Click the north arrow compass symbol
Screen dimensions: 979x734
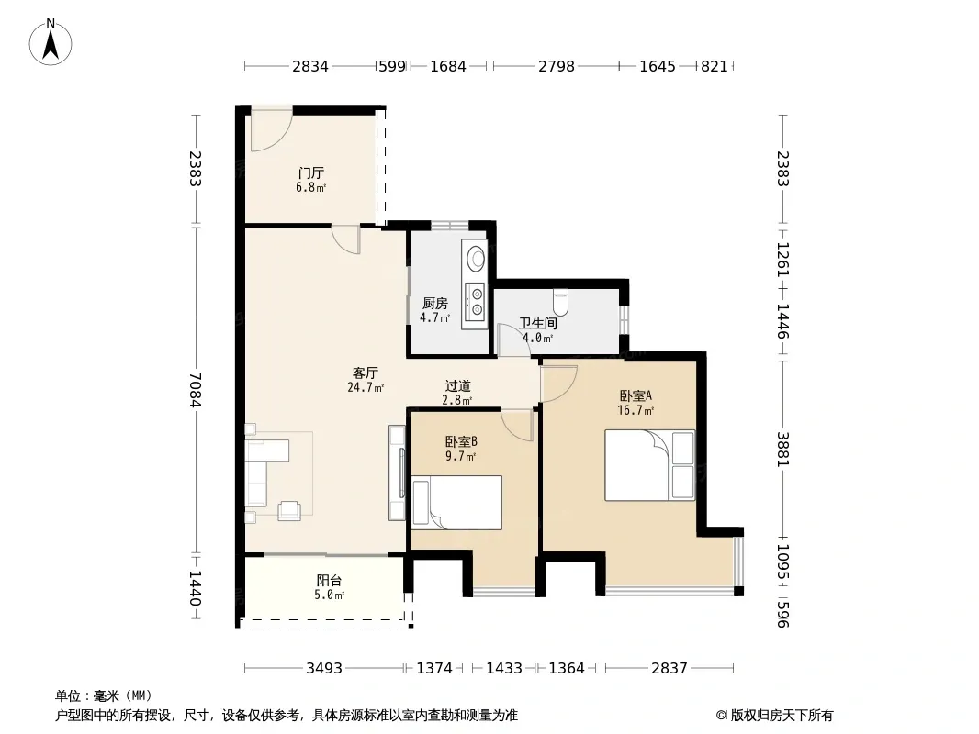coord(51,43)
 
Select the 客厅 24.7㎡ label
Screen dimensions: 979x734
coord(366,380)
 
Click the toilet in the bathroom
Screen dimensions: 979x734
coord(561,302)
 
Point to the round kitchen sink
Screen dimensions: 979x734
coord(477,258)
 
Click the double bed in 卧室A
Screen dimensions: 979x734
coord(649,465)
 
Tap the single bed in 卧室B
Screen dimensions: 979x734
coord(456,503)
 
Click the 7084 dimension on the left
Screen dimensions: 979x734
coord(196,390)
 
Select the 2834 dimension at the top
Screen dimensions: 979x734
coord(310,66)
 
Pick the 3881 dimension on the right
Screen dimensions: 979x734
coord(783,449)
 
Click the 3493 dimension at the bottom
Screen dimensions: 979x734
coord(324,669)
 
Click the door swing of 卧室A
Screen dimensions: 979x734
coord(558,384)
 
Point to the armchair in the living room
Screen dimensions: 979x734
coord(289,510)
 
